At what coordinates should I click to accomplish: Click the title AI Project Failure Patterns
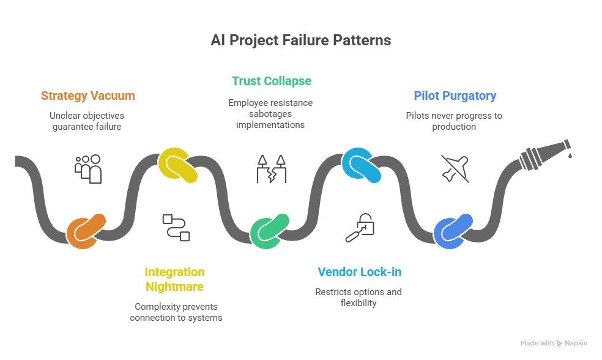point(300,40)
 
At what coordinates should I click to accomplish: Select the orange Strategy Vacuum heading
point(88,96)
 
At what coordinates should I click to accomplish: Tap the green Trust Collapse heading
point(271,81)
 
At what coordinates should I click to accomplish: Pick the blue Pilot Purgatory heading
point(455,96)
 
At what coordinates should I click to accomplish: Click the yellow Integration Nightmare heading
point(174,279)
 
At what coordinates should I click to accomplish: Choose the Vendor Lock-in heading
point(359,272)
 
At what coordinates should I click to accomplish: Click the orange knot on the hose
point(86,231)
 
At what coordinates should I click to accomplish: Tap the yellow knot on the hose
point(177,165)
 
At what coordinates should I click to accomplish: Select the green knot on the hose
point(270,231)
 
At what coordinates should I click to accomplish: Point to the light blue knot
point(361,165)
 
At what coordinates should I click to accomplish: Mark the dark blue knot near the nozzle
point(453,231)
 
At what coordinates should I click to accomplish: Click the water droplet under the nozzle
point(570,156)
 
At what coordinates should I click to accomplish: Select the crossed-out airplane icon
point(455,168)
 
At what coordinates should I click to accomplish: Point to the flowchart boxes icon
point(176,227)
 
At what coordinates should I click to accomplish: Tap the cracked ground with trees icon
point(271,168)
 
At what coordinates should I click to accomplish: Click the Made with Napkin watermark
point(553,343)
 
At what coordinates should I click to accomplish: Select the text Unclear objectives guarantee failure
point(86,121)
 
